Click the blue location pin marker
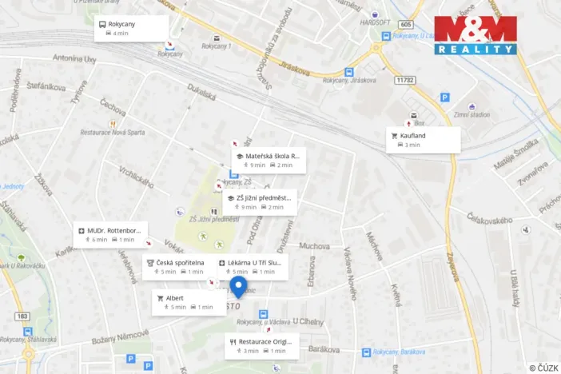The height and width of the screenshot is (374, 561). (237, 287)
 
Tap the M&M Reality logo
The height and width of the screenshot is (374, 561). (475, 34)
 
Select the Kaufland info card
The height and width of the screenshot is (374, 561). (423, 140)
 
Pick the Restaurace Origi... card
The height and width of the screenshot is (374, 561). (262, 346)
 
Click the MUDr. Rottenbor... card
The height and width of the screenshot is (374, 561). (111, 234)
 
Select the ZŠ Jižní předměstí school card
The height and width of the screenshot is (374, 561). (259, 202)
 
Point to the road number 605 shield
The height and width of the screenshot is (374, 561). (407, 26)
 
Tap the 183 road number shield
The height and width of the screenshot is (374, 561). (21, 316)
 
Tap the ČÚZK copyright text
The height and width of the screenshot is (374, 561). (543, 367)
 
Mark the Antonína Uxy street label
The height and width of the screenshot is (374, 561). (74, 58)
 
